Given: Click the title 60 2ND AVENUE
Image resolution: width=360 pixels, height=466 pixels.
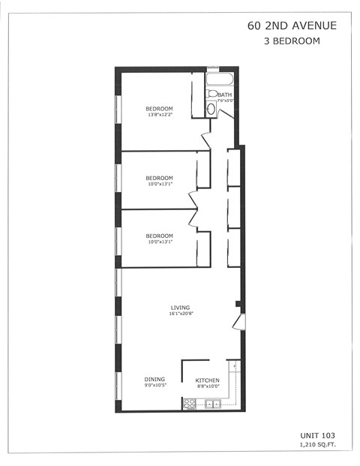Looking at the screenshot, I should [292, 26].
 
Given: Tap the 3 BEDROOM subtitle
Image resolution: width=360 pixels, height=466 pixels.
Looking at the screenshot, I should [292, 41].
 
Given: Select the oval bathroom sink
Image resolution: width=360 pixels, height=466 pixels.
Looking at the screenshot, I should [211, 110].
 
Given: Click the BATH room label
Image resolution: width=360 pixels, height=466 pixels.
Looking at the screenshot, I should [225, 95].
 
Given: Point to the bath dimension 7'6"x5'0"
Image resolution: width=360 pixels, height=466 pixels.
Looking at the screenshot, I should [225, 101].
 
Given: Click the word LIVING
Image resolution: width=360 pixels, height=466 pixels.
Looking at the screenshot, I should [180, 307].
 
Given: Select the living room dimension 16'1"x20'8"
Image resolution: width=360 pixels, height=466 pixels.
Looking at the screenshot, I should [180, 314].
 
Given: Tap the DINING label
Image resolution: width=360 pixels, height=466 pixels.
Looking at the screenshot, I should [154, 380].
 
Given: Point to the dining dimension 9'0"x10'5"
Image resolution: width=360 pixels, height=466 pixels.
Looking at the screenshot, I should [154, 387].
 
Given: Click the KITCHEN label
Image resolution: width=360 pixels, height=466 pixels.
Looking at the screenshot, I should [208, 380].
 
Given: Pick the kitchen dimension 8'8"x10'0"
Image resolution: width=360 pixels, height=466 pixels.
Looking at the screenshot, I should [208, 387].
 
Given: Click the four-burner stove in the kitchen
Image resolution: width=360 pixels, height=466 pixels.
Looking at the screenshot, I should [188, 404].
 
